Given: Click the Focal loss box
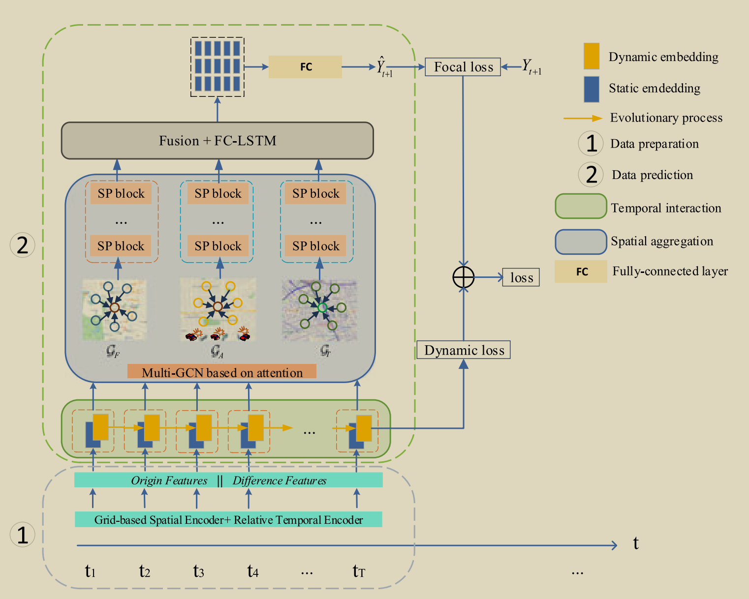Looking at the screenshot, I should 463,67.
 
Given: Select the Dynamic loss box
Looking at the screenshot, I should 464,350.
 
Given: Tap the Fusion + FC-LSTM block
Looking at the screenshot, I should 217,141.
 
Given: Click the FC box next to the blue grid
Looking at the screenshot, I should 305,67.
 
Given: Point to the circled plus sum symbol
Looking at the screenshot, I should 463,277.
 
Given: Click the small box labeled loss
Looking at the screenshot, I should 521,277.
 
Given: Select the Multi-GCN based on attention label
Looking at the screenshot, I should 222,372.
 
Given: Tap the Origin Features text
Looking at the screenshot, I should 169,480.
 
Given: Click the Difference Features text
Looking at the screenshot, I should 280,480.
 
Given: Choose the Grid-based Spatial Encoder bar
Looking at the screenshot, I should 228,520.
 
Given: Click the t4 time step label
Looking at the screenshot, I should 252,571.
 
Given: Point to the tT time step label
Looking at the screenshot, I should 359,571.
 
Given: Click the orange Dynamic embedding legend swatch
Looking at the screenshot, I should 591,56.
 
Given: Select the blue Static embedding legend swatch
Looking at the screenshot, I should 591,89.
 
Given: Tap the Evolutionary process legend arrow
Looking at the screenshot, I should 583,118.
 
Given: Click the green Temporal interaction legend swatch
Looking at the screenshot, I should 581,206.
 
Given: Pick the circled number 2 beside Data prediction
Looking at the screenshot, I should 591,175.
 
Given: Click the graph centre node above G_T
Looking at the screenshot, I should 322,308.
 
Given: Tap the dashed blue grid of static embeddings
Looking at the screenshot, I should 217,67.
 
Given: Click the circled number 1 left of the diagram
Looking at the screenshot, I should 23,535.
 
